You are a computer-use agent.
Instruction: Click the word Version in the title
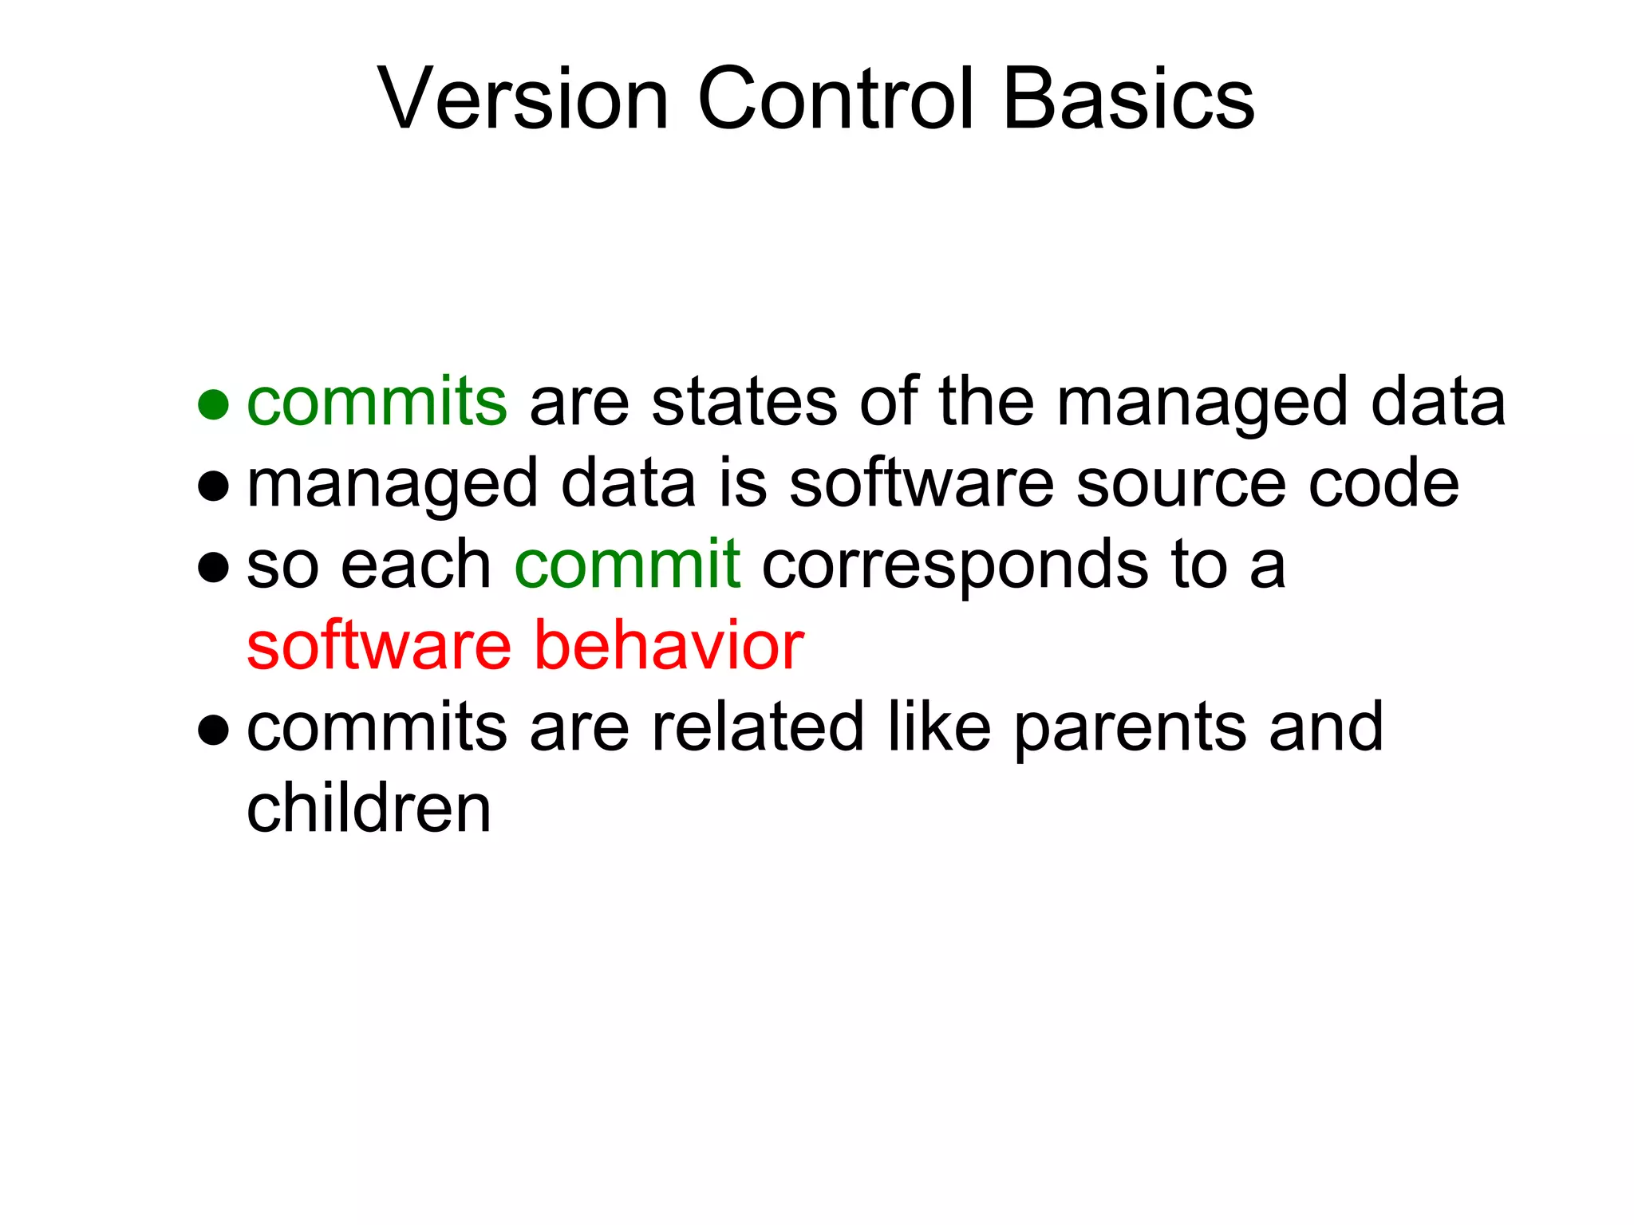pyautogui.click(x=523, y=99)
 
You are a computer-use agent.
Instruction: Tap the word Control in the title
pyautogui.click(x=836, y=99)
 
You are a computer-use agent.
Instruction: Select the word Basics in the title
pyautogui.click(x=1128, y=99)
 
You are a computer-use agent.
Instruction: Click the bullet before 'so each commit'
pyautogui.click(x=213, y=567)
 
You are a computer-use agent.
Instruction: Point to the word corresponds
pyautogui.click(x=955, y=566)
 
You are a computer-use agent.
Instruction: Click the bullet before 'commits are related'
pyautogui.click(x=213, y=729)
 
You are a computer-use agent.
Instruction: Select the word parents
pyautogui.click(x=1131, y=728)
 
